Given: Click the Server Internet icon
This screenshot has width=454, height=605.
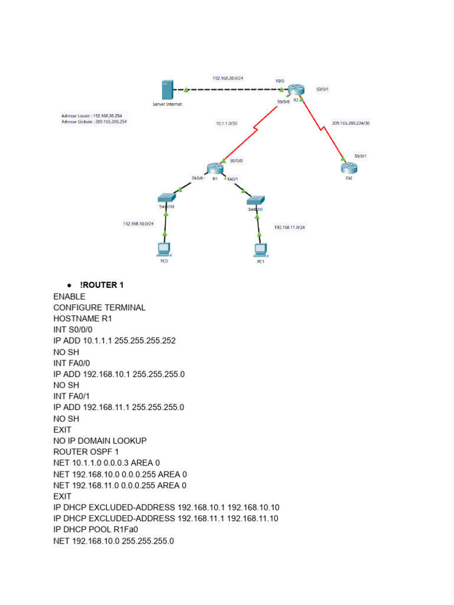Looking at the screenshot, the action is point(166,90).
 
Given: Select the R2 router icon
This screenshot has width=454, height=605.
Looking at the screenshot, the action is point(295,90).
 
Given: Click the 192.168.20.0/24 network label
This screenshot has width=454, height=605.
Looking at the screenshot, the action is point(228,78).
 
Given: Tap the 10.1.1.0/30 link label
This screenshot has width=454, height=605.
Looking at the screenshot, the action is point(226,123).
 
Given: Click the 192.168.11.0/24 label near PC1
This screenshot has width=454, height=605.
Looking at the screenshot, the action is point(289,227).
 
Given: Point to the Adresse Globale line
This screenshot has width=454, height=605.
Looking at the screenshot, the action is point(94,122).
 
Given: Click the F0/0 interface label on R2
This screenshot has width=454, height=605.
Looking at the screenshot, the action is point(280,80).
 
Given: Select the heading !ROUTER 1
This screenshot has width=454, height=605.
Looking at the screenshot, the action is point(102,285).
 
